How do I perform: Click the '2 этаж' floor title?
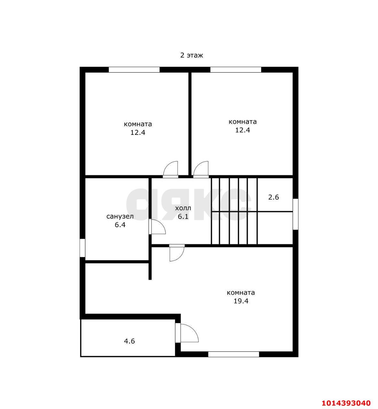point(192,55)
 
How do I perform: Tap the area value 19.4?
point(241,301)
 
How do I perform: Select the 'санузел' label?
point(120,216)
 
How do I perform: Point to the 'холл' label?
point(183,208)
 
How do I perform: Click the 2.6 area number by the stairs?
point(274,197)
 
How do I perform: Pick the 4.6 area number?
point(129,341)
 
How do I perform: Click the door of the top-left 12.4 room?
point(171,170)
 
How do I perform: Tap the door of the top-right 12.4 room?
point(201,170)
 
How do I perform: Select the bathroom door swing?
point(157,227)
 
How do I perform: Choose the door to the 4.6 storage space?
point(187,333)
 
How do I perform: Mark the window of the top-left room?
point(134,70)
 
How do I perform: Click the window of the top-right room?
point(236,70)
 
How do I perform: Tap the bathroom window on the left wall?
point(82,248)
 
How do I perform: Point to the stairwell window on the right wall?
point(296,214)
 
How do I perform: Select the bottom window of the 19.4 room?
point(234,354)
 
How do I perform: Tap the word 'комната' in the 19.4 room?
point(241,292)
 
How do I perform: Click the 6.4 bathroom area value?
point(120,225)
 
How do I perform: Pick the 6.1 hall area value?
point(183,216)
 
